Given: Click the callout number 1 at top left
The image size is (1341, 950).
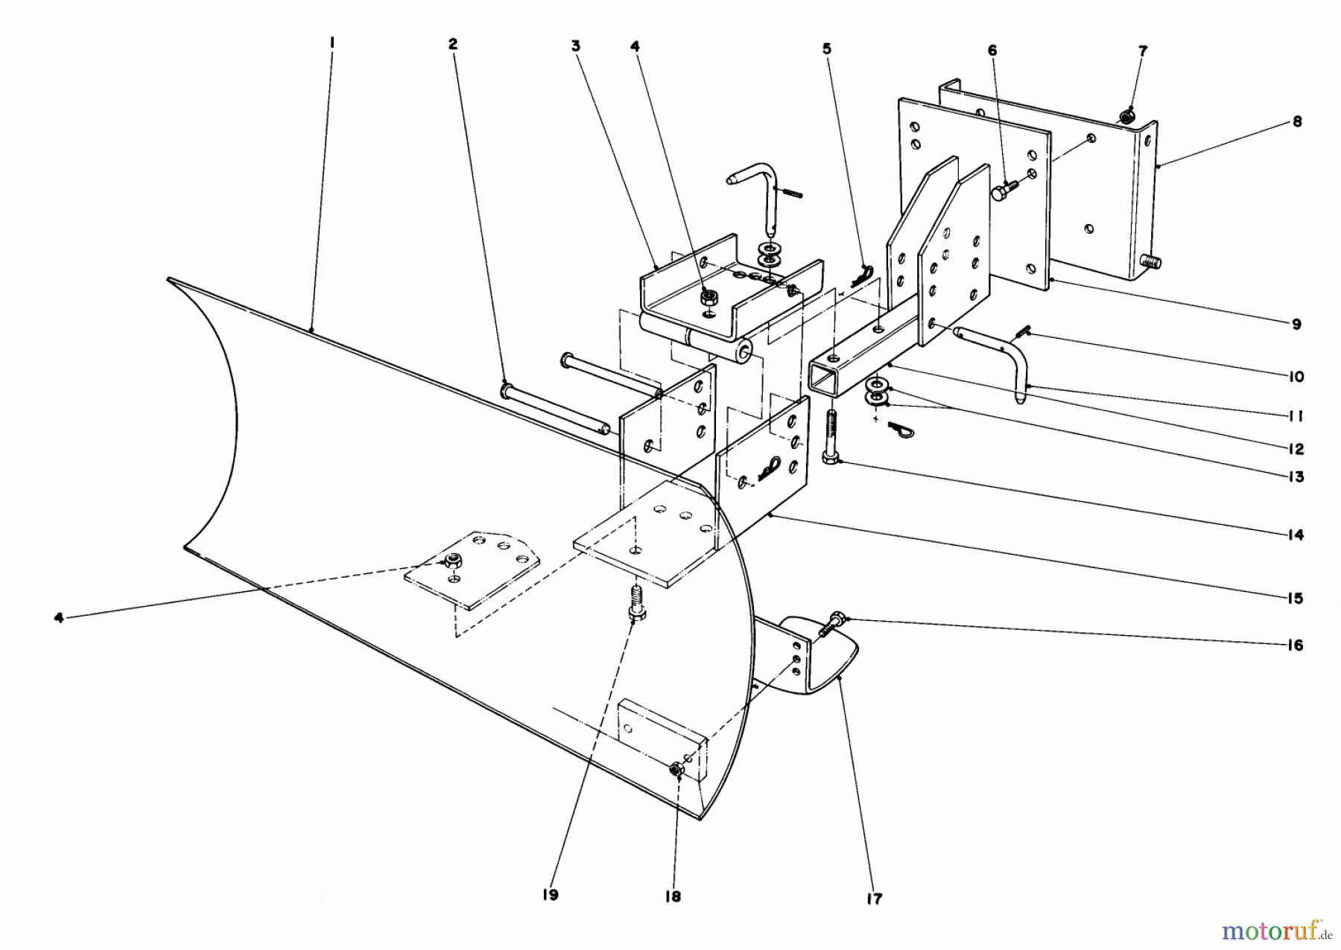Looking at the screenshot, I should [332, 44].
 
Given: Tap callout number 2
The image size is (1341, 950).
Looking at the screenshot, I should [452, 44].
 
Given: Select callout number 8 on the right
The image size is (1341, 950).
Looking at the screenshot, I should [1297, 122].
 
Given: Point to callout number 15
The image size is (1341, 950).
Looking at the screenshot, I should [1296, 599].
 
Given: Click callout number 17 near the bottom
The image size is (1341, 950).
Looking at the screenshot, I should [874, 899].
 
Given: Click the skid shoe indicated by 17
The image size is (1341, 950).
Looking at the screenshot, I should [827, 655].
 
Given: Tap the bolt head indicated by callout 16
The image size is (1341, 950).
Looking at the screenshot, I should [835, 618].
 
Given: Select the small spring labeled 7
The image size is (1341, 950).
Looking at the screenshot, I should [1128, 115].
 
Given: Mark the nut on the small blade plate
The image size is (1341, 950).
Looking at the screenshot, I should [452, 560].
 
